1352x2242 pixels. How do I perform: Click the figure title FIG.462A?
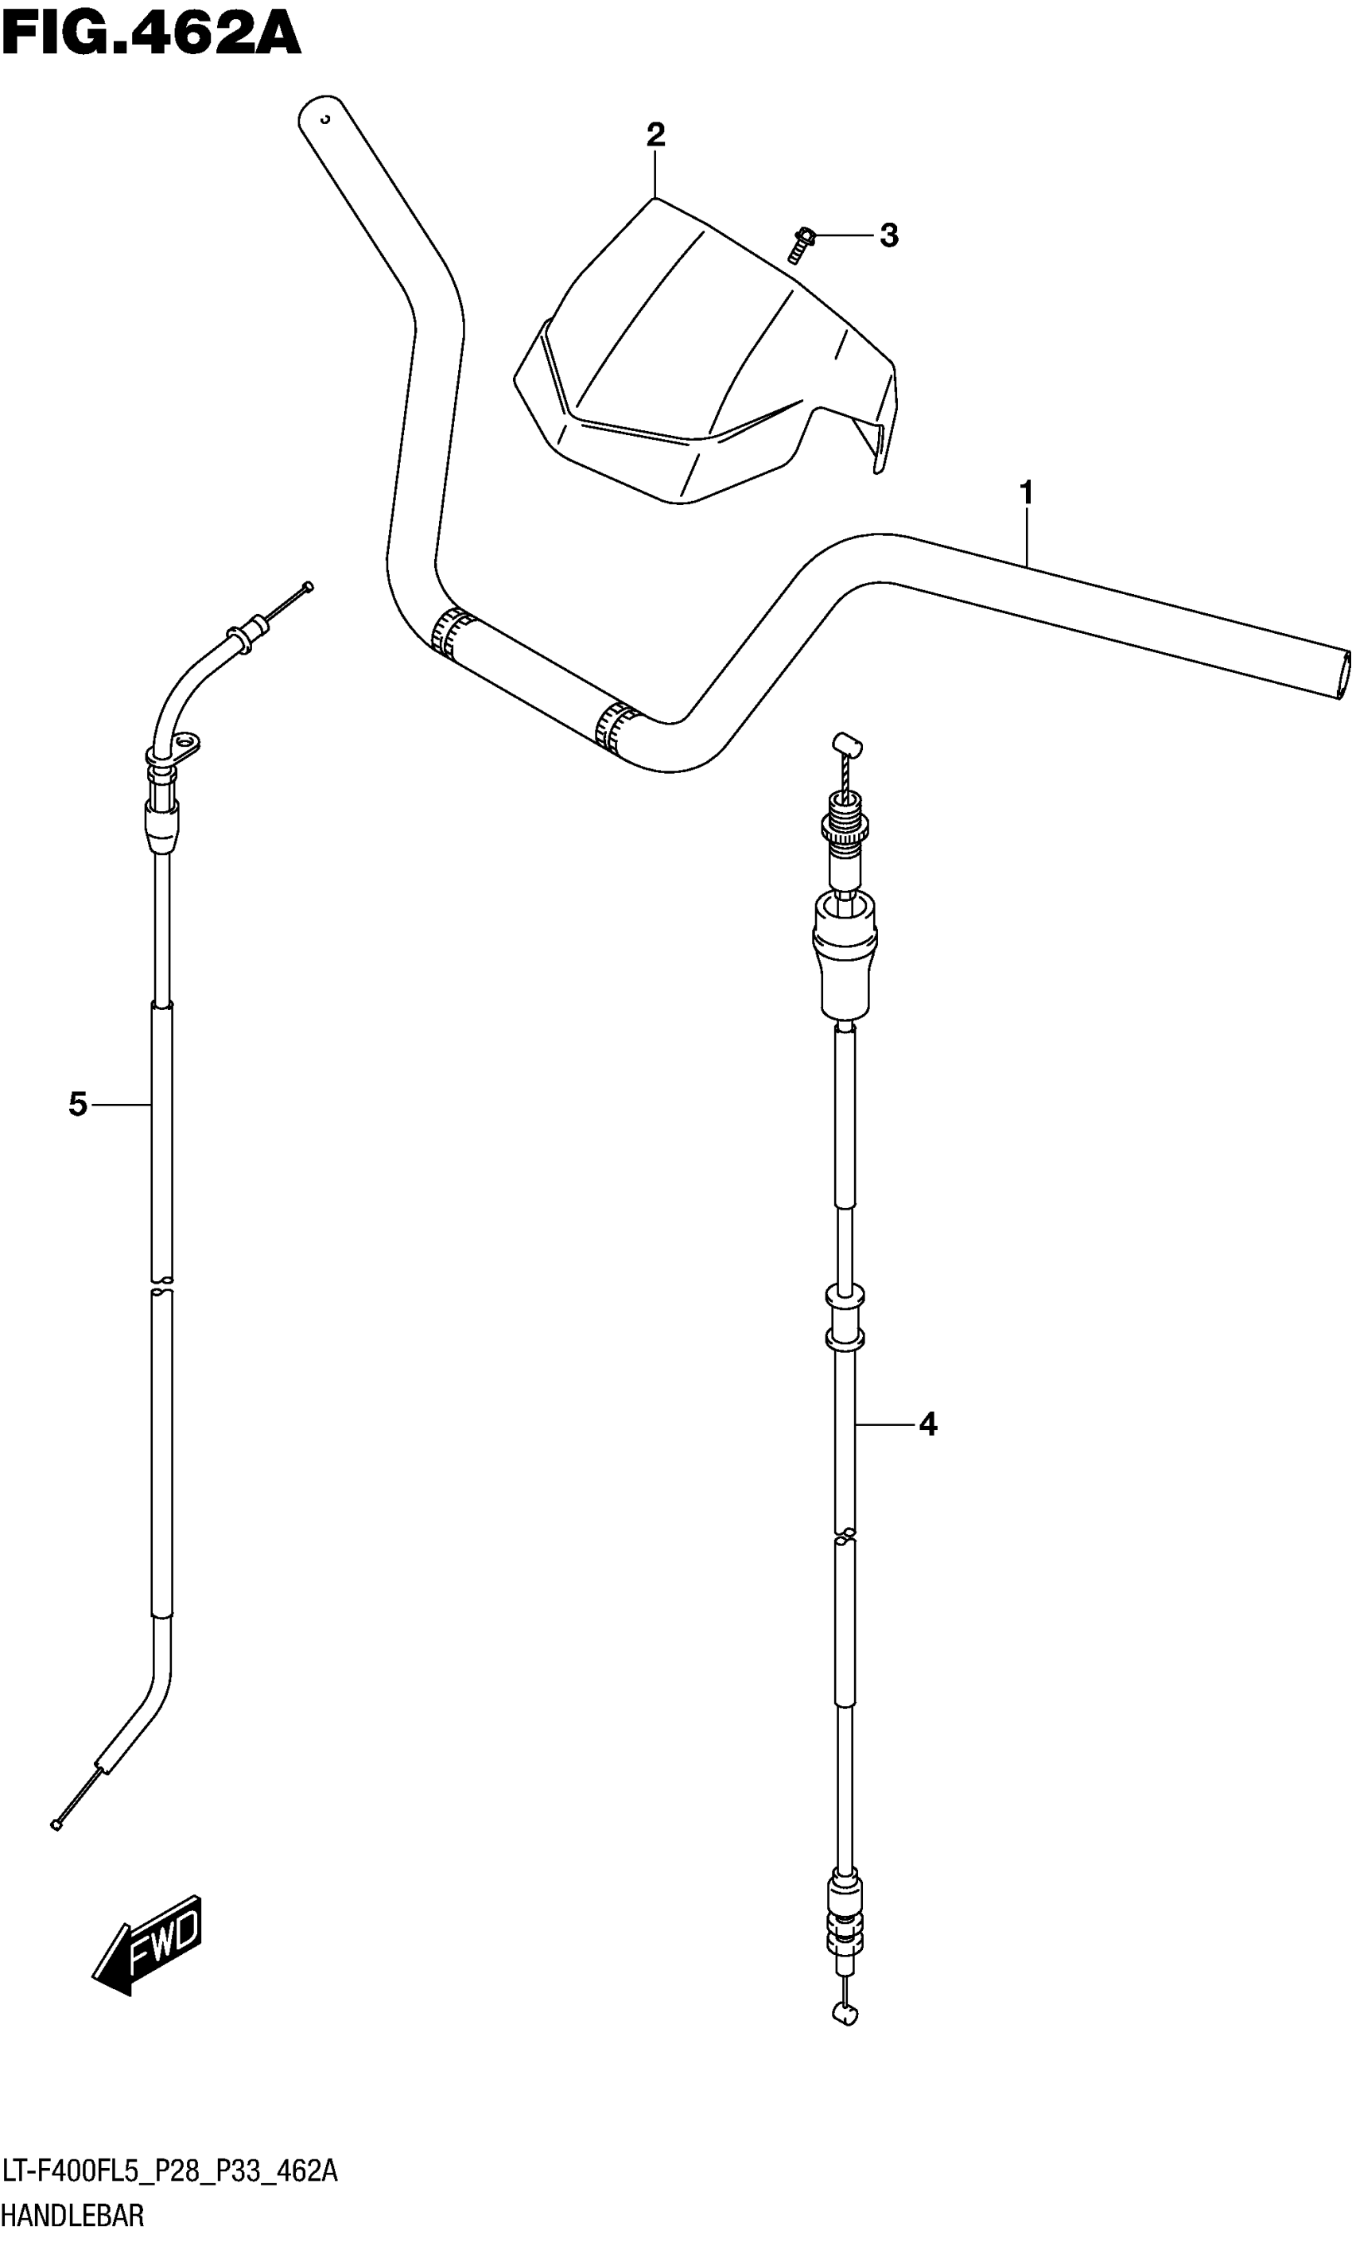[x=151, y=34]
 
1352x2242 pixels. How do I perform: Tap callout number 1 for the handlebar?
[x=1026, y=494]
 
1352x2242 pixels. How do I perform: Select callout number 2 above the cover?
[x=655, y=135]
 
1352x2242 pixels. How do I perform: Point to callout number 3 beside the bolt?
[x=889, y=235]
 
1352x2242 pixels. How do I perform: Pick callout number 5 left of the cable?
[x=78, y=1105]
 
